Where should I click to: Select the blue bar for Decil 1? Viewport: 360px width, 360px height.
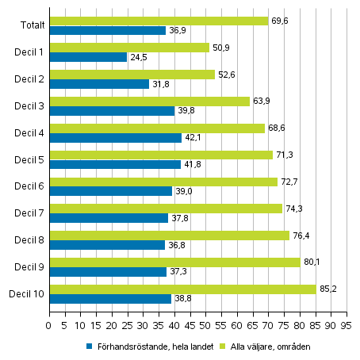click(x=88, y=57)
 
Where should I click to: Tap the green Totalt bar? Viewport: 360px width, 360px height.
click(x=159, y=21)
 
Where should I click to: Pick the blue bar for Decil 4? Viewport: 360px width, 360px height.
click(x=115, y=138)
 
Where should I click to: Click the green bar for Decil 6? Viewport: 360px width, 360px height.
click(x=163, y=182)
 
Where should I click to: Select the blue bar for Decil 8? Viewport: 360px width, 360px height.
click(x=107, y=245)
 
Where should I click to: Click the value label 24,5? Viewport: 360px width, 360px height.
click(x=139, y=57)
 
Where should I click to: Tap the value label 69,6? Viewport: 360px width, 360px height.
click(x=279, y=21)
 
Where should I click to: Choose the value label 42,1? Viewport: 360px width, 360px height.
click(x=194, y=138)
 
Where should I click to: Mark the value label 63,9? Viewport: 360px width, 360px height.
click(x=261, y=101)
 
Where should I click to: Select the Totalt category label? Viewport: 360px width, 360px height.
click(x=32, y=25)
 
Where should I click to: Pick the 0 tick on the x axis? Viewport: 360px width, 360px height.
click(x=49, y=324)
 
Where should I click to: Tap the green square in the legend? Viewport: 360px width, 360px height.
click(x=224, y=347)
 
